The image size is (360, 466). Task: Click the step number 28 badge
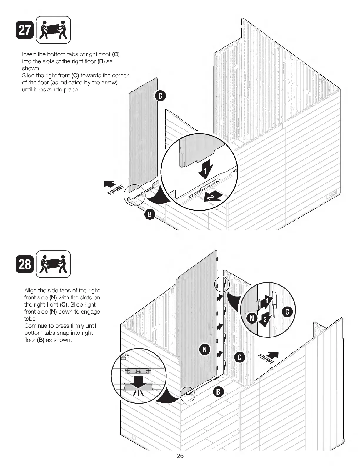pos(25,264)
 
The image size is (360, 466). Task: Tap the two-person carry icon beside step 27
pos(53,30)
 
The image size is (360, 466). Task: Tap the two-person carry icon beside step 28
pos(53,264)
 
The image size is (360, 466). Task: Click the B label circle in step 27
pos(149,214)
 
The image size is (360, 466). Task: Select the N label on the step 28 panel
pos(205,349)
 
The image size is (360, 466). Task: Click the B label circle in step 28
pos(218,392)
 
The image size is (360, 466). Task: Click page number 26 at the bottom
pos(180,456)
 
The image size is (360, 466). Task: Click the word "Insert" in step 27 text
pos(29,54)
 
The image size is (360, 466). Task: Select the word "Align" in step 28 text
pos(31,290)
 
